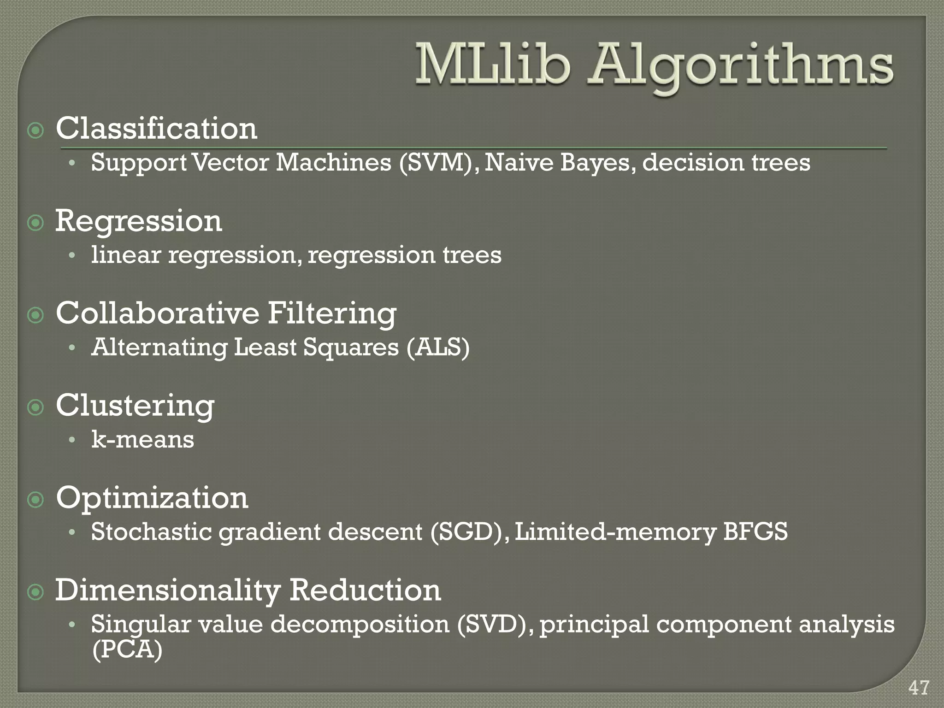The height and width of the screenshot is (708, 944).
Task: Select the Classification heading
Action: pyautogui.click(x=156, y=129)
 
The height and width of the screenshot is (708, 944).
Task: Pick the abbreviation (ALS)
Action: pyautogui.click(x=438, y=347)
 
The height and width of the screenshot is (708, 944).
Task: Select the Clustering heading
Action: pyautogui.click(x=135, y=406)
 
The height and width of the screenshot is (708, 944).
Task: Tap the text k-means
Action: pyautogui.click(x=142, y=439)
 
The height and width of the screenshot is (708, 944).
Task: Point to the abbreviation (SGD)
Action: pyautogui.click(x=470, y=532)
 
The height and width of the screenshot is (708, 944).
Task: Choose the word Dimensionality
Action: pyautogui.click(x=168, y=590)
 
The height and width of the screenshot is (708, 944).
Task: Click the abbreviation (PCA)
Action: pyautogui.click(x=127, y=650)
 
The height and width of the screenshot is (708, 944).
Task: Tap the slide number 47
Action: pyautogui.click(x=919, y=688)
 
